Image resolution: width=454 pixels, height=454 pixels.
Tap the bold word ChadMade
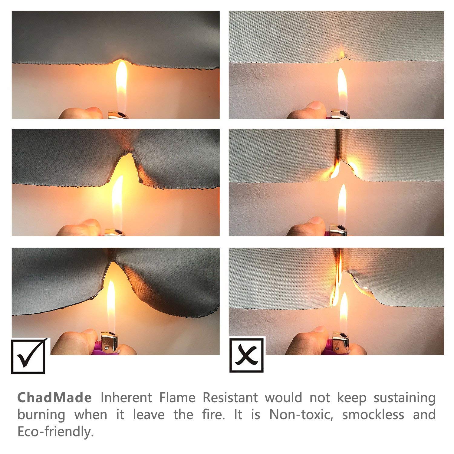pyautogui.click(x=54, y=397)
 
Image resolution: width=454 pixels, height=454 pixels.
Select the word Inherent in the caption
pyautogui.click(x=126, y=397)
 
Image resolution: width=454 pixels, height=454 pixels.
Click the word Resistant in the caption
pyautogui.click(x=230, y=397)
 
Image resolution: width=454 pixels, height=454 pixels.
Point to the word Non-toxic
pyautogui.click(x=301, y=414)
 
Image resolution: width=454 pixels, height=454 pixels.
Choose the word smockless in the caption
pyautogui.click(x=373, y=414)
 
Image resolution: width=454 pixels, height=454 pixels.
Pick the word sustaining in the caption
pyautogui.click(x=404, y=398)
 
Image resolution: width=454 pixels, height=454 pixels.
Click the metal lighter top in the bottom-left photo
pyautogui.click(x=109, y=342)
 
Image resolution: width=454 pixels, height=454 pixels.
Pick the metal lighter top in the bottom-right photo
pyautogui.click(x=341, y=341)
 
